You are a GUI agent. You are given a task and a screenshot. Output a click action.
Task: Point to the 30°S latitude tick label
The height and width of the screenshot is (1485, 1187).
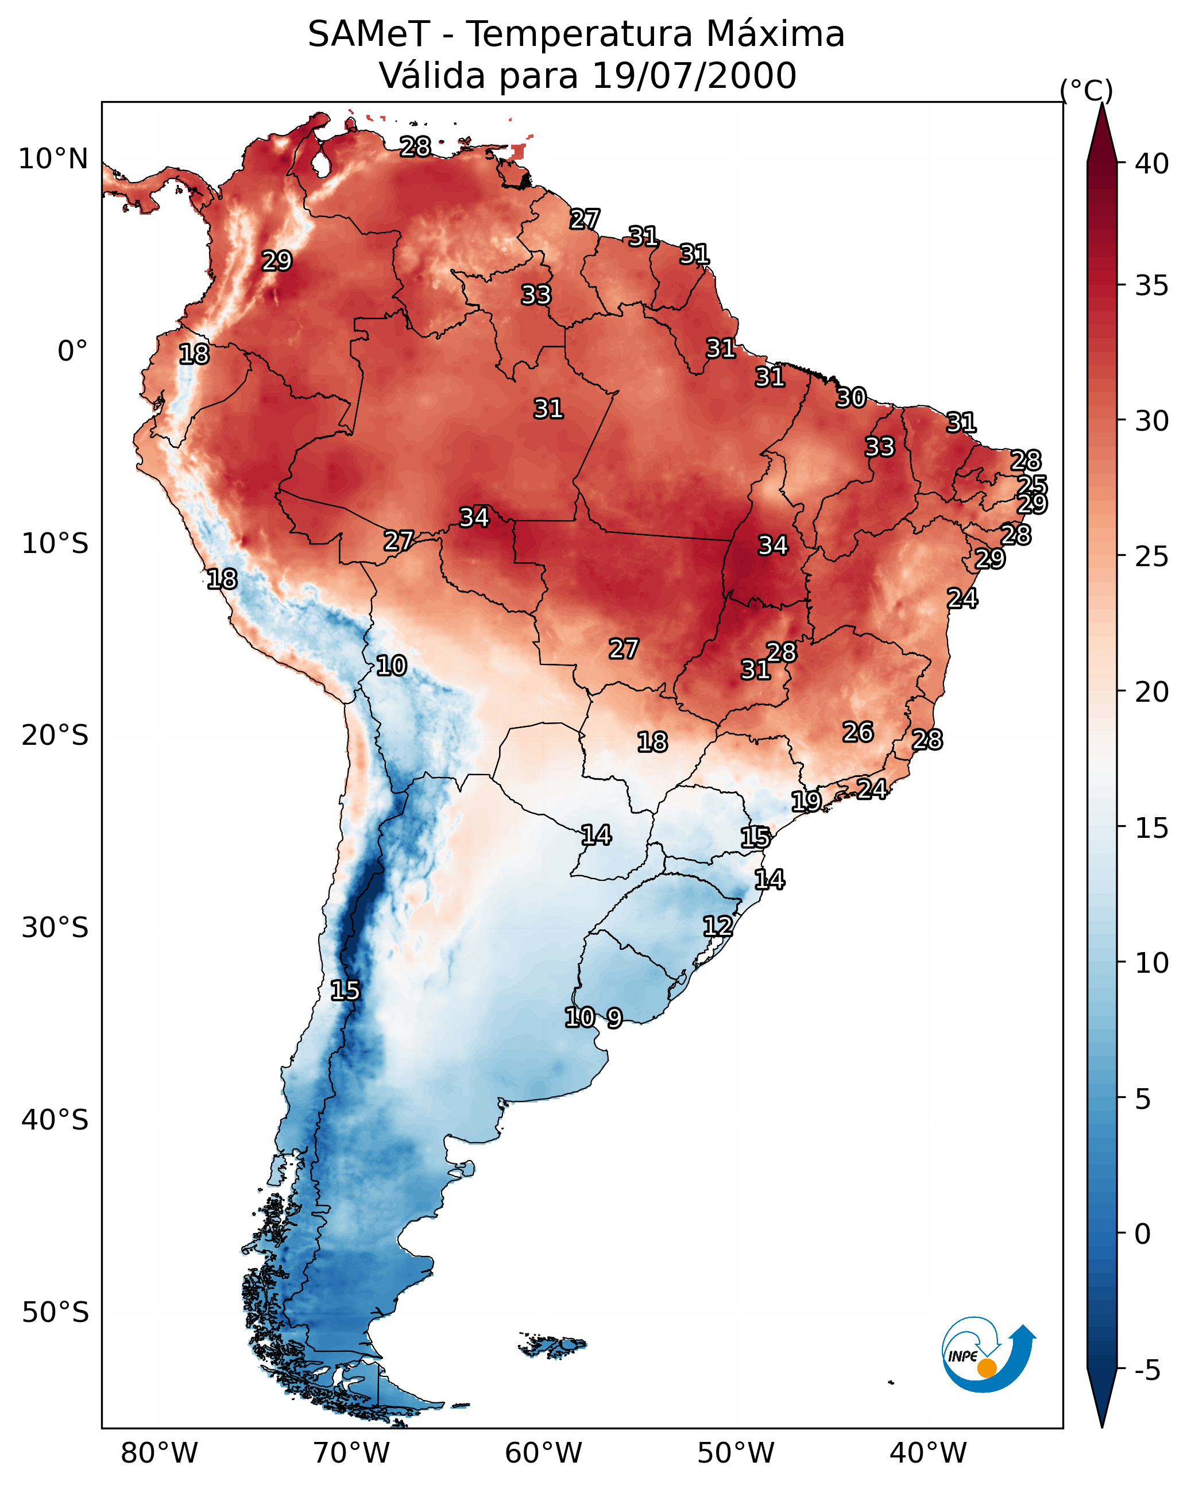point(55,928)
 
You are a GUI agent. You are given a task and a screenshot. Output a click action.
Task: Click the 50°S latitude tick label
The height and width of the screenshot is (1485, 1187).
point(55,1312)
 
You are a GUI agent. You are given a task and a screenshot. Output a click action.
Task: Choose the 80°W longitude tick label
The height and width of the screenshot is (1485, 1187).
point(159,1453)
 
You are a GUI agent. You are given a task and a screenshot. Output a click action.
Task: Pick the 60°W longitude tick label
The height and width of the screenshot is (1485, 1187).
point(544,1453)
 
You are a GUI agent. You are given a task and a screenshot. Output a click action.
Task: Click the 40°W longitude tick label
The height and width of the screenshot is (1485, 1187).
point(928,1453)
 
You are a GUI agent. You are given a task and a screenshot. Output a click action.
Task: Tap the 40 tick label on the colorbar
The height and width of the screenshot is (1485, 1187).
point(1151,164)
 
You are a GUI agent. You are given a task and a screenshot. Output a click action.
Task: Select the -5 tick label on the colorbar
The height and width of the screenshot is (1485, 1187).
point(1147,1370)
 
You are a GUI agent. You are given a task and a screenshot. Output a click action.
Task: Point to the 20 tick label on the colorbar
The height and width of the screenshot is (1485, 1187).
point(1151,692)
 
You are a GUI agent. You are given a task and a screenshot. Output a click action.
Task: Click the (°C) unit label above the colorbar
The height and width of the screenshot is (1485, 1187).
point(1087,90)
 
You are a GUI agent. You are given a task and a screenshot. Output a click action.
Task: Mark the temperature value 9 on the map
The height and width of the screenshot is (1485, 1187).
point(614,1018)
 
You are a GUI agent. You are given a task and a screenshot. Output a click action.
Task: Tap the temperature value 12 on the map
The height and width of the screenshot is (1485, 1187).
point(717,926)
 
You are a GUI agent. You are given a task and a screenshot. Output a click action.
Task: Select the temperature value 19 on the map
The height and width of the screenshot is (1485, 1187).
point(805,801)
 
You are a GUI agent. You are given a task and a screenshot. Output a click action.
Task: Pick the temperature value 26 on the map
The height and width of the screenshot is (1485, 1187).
point(858,732)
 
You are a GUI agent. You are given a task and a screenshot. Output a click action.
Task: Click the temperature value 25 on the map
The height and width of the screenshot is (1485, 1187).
point(1032,485)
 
